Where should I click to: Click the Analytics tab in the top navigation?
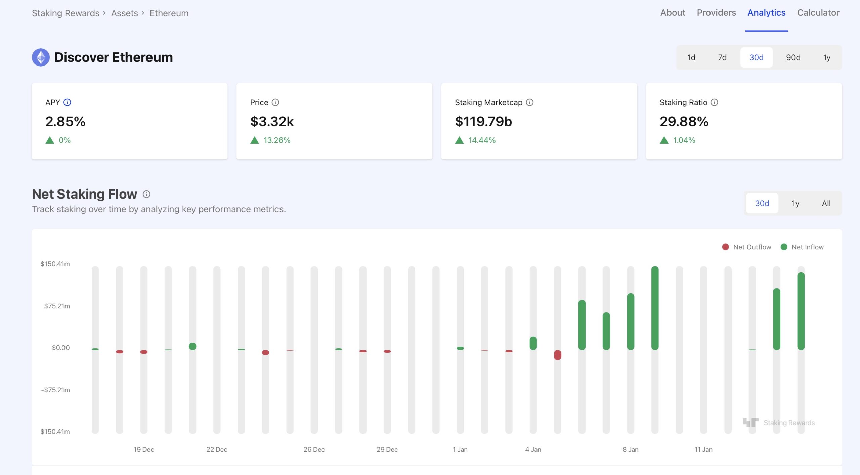tap(766, 13)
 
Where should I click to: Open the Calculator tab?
tap(818, 13)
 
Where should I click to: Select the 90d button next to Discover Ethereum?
tap(793, 57)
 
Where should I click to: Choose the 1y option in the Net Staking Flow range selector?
tap(795, 203)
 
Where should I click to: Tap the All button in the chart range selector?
tap(826, 203)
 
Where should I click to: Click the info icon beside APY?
tap(67, 102)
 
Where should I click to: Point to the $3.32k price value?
tap(272, 121)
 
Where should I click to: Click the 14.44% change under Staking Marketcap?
tap(481, 140)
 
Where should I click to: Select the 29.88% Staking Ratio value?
tap(684, 121)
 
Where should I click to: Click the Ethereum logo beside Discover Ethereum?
tap(41, 57)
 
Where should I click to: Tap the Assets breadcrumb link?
tap(124, 13)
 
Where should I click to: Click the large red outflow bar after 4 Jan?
tap(557, 355)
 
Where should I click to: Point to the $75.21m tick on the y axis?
tap(57, 306)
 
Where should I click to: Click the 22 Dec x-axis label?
tap(217, 449)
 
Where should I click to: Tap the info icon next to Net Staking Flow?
tap(146, 194)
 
